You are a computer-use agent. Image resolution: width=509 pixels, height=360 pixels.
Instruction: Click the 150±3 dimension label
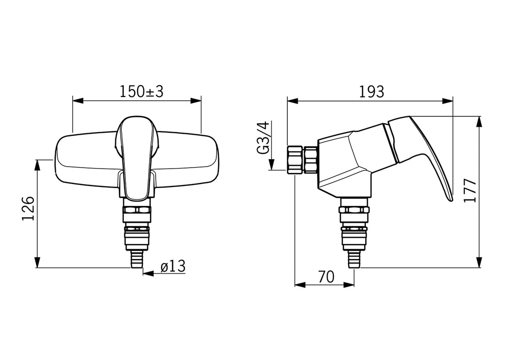142,91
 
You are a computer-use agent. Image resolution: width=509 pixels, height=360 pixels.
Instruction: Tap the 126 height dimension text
28,208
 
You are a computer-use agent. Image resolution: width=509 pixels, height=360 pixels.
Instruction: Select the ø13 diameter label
173,267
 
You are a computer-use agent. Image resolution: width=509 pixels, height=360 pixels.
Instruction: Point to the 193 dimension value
371,92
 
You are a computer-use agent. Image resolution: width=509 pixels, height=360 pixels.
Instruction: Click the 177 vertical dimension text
470,190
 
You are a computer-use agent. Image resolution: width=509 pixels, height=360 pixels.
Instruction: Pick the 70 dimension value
326,277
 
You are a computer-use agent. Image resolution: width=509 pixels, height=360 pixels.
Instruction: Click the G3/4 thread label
263,137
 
